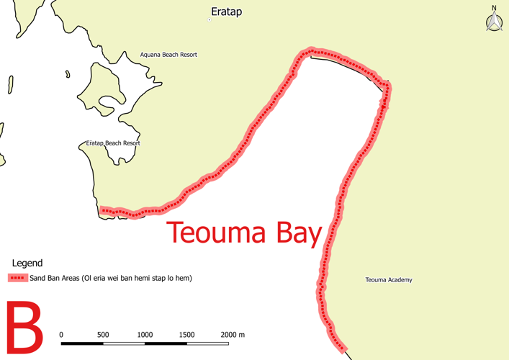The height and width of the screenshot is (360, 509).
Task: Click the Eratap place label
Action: (226, 12)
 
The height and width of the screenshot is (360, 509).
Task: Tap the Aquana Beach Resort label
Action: (168, 55)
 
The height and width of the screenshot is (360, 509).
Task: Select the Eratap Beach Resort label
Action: (113, 143)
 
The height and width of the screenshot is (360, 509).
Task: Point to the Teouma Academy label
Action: (389, 280)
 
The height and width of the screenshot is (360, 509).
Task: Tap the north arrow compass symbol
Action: (494, 22)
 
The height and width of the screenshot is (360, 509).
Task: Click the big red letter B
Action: (24, 329)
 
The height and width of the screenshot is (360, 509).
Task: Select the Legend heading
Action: (27, 264)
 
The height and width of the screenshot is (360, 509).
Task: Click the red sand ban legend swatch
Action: (17, 278)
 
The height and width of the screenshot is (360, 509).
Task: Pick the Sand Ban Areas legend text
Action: (111, 278)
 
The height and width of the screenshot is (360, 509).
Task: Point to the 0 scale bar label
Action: (61, 335)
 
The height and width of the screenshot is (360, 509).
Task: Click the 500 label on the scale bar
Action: (103, 335)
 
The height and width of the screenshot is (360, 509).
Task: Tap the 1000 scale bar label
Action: (145, 335)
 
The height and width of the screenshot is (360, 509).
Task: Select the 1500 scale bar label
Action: (186, 335)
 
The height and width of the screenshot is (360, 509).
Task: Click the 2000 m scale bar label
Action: (233, 335)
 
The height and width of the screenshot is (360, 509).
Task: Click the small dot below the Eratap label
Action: (210, 20)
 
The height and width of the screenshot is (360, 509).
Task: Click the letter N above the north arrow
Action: (494, 8)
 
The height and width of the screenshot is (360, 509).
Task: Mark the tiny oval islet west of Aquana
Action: (67, 73)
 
